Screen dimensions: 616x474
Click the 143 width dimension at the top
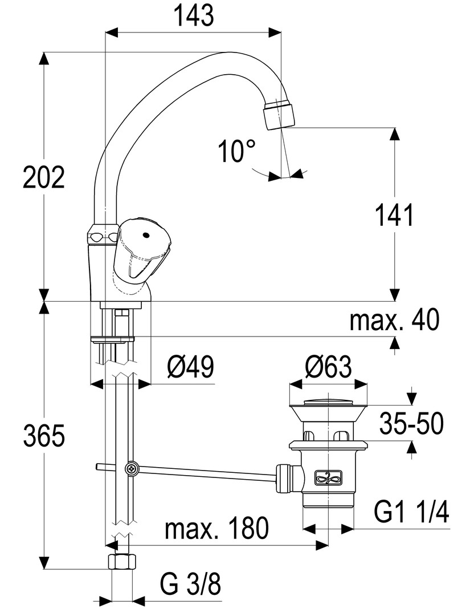194,15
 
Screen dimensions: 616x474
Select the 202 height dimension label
44,179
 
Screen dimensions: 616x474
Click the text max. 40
395,321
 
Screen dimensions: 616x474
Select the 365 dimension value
44,437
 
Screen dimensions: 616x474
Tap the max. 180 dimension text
216,529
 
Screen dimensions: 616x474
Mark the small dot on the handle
146,234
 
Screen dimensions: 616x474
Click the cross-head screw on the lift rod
132,469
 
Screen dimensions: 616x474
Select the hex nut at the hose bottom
122,562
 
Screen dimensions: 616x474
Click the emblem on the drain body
328,477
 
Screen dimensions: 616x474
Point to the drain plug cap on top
328,400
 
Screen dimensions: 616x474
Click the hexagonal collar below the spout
103,236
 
